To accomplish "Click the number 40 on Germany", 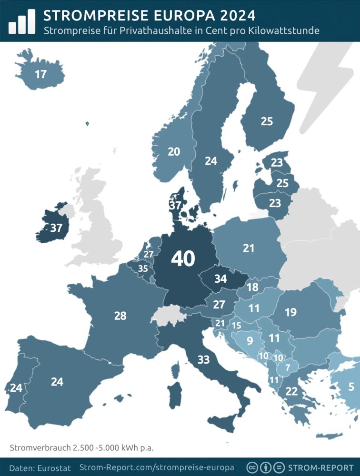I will [x=183, y=259].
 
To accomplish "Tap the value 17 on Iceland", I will [x=41, y=74].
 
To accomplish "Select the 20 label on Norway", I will [x=174, y=151].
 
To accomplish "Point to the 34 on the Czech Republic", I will [x=220, y=279].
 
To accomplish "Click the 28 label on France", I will [x=120, y=315].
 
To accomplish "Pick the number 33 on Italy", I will [x=203, y=360].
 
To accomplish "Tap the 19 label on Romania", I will [x=290, y=312].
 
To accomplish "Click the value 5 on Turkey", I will [x=351, y=387].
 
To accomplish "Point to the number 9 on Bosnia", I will [x=250, y=341].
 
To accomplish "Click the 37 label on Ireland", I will [x=56, y=228].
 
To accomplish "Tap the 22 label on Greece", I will [x=291, y=391].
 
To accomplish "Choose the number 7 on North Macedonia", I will [x=287, y=367].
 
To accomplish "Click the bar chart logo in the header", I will [x=21, y=21].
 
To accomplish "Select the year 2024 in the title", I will [x=230, y=16].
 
